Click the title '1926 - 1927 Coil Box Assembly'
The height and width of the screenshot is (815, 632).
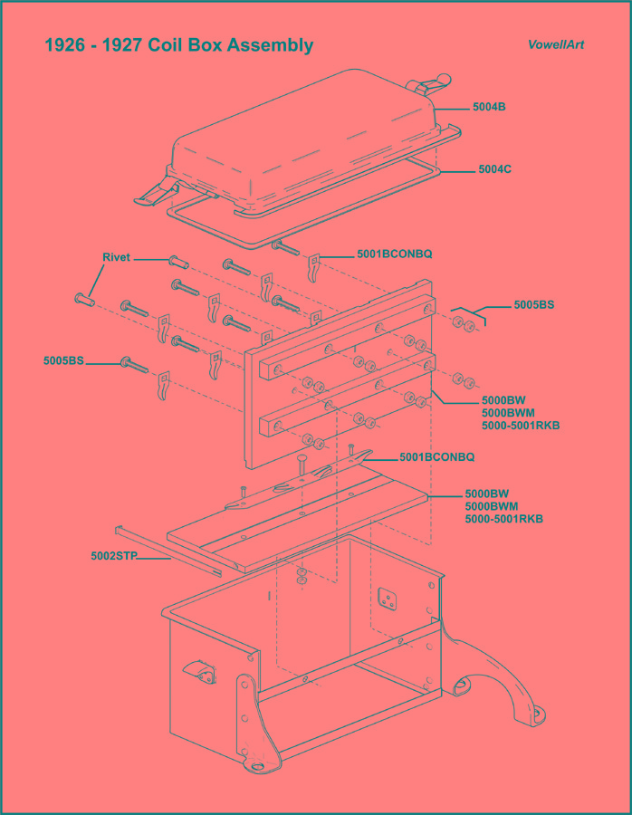tap(179, 45)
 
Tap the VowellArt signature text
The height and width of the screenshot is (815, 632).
tap(556, 44)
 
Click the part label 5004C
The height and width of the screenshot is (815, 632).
tap(495, 169)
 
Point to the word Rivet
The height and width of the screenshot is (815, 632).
tap(116, 258)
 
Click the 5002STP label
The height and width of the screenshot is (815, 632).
tap(113, 557)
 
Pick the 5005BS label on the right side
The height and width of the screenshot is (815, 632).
tap(533, 305)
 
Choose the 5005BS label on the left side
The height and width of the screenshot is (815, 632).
tap(63, 361)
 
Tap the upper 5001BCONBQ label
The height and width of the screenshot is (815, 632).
tap(394, 254)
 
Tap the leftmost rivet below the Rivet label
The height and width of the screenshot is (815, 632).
tap(82, 298)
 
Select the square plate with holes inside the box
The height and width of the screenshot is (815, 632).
tap(388, 599)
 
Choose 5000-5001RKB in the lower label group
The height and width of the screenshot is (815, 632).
tap(504, 519)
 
